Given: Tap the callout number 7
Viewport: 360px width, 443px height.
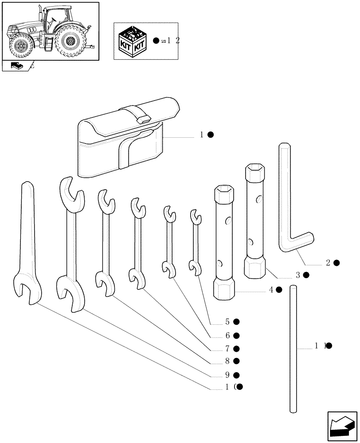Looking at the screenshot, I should point(227,349).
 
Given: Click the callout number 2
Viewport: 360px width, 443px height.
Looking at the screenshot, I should point(328,263).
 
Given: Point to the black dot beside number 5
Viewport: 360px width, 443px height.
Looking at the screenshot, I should point(236,322).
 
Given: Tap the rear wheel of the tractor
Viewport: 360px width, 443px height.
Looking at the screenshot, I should point(69,42).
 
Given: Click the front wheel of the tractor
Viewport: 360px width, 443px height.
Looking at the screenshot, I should point(20,46).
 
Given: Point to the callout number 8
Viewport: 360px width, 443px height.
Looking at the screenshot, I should point(227,361).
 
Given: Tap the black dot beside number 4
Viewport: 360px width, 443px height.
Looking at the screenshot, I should point(279,290).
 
